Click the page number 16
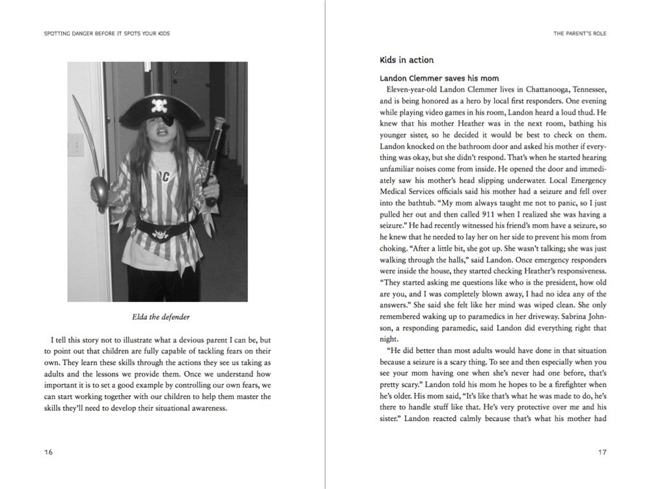[x=49, y=452]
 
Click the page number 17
[x=602, y=452]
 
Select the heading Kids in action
[x=406, y=60]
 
